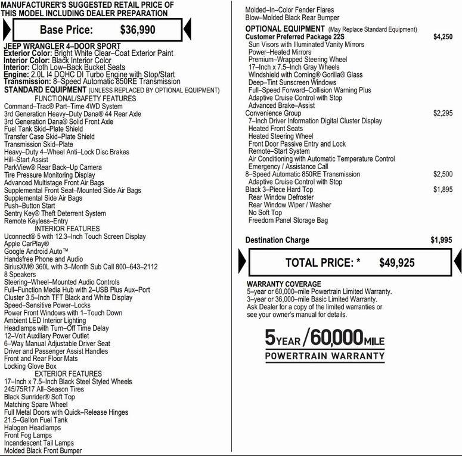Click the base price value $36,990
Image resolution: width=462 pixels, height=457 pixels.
point(138,29)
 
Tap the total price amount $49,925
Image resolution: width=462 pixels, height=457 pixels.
point(396,263)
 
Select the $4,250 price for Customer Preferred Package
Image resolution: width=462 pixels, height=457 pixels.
point(442,37)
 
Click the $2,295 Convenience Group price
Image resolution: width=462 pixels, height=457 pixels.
point(442,113)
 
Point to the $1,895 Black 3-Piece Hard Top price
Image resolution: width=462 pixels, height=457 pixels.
point(442,189)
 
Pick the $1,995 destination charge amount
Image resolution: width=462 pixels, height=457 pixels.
point(441,240)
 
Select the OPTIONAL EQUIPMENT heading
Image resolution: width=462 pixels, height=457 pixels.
point(285,29)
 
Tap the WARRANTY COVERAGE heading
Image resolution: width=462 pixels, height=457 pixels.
point(284,284)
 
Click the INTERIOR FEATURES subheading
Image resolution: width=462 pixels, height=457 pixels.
point(67,229)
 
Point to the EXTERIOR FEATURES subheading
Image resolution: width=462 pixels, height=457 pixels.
point(68,374)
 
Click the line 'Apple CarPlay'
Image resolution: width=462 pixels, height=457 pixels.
point(26,244)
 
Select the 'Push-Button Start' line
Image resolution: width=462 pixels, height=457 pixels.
point(29,206)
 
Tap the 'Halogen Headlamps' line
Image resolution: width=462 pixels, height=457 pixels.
point(32,428)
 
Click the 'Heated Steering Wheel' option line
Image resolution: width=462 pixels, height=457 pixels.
point(280,136)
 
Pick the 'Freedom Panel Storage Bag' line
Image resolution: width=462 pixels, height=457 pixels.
point(288,220)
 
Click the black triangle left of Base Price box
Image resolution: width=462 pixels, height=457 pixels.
point(7,29)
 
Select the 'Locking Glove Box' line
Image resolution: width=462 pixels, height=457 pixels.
point(35,366)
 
